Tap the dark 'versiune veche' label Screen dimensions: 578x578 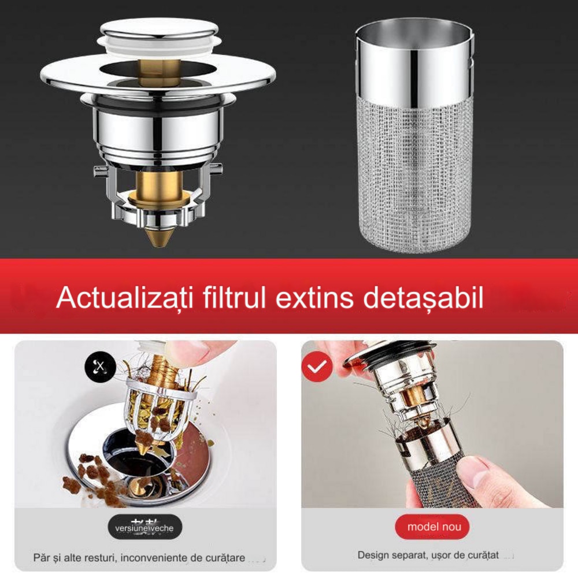pos(144,528)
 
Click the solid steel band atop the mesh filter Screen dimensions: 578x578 pos(413,58)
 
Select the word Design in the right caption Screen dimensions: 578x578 pos(373,555)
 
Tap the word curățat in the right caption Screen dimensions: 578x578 pos(482,555)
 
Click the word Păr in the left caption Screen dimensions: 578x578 pos(41,558)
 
